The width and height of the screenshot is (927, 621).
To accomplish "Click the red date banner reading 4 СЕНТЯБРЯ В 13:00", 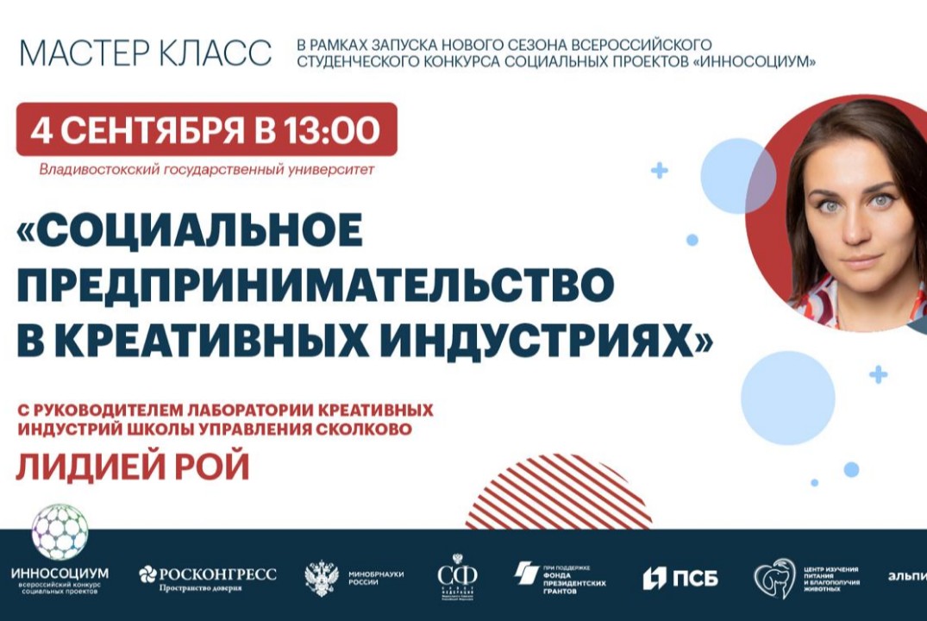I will [206, 129].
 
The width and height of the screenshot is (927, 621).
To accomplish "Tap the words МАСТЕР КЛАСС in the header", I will [145, 53].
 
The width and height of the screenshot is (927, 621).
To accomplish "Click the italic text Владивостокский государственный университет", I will [207, 170].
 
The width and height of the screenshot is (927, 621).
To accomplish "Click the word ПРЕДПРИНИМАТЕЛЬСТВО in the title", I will [315, 285].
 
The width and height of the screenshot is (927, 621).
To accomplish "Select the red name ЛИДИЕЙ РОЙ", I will [133, 467].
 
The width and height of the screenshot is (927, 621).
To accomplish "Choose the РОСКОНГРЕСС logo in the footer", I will [208, 576].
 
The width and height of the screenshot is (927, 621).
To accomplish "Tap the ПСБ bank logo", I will [680, 577].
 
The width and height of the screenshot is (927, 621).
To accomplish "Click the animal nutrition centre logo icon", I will [774, 577].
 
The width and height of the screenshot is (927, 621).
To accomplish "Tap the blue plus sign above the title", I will [660, 171].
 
